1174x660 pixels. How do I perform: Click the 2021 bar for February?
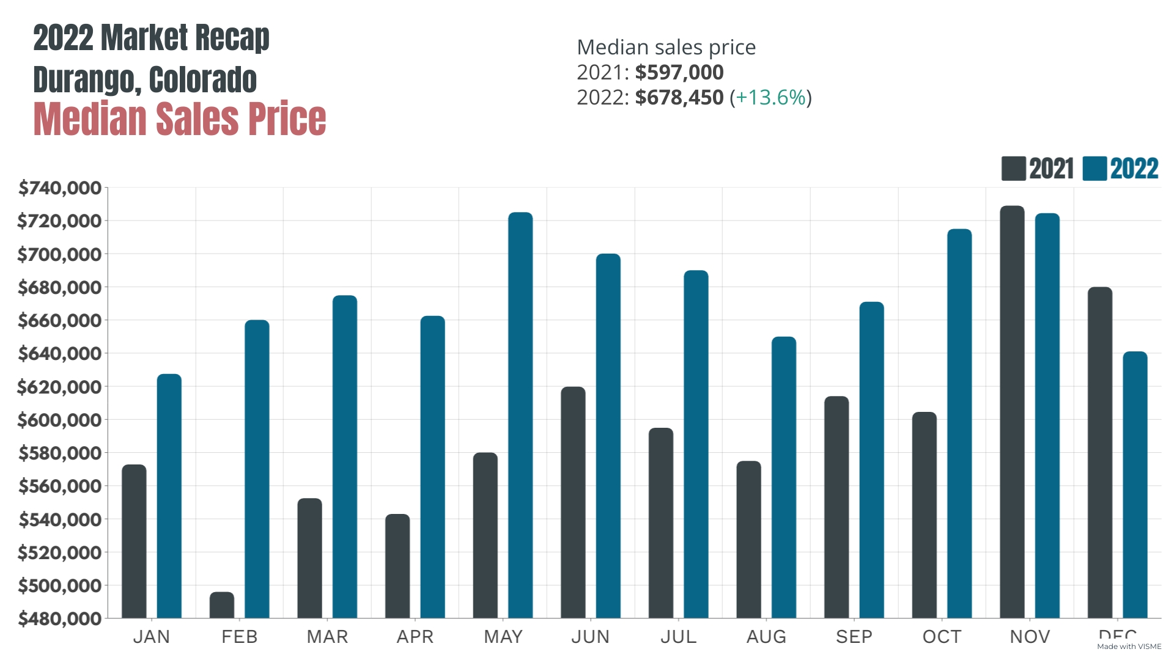pyautogui.click(x=221, y=605)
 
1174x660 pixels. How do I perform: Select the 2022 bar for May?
pyautogui.click(x=520, y=416)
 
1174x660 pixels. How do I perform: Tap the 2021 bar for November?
pyautogui.click(x=1012, y=413)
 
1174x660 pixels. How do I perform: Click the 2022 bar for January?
pyautogui.click(x=169, y=496)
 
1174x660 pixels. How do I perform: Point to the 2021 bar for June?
pyautogui.click(x=573, y=502)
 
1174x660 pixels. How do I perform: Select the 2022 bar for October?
pyautogui.click(x=959, y=424)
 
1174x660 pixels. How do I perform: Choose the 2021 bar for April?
pyautogui.click(x=397, y=566)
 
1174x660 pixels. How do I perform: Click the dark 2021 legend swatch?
pyautogui.click(x=1013, y=169)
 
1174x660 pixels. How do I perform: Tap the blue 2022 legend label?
pyautogui.click(x=1134, y=169)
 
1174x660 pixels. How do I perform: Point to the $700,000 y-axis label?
pyautogui.click(x=59, y=254)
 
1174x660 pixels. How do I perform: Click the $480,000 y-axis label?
pyautogui.click(x=59, y=618)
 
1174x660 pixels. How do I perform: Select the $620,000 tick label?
pyautogui.click(x=59, y=387)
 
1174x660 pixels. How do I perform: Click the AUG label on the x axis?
pyautogui.click(x=766, y=637)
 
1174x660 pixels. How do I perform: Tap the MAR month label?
pyautogui.click(x=327, y=637)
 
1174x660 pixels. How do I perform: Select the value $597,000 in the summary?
pyautogui.click(x=679, y=72)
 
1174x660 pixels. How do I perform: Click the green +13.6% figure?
pyautogui.click(x=770, y=97)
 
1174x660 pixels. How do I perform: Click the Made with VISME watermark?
pyautogui.click(x=1129, y=647)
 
